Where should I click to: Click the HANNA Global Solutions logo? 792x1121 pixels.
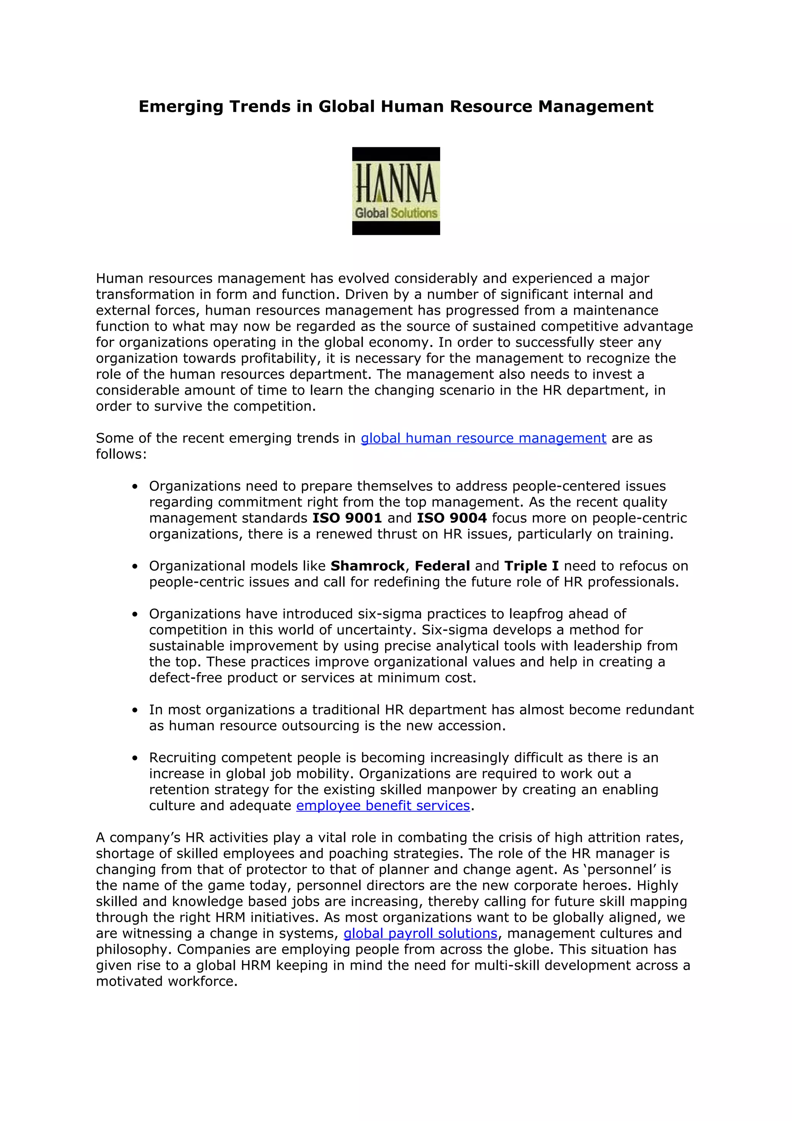pyautogui.click(x=396, y=191)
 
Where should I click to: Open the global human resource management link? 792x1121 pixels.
pyautogui.click(x=483, y=438)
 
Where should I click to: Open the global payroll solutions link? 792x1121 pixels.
pyautogui.click(x=420, y=933)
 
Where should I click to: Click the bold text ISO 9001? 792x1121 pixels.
pyautogui.click(x=347, y=518)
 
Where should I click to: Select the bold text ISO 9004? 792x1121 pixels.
pyautogui.click(x=451, y=518)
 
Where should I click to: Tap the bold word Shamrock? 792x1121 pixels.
pyautogui.click(x=367, y=566)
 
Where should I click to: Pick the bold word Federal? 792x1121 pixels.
pyautogui.click(x=442, y=566)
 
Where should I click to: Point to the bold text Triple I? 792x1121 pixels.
pyautogui.click(x=531, y=566)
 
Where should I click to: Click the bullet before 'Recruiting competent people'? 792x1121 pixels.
pyautogui.click(x=135, y=758)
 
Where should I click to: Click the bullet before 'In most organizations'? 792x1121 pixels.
pyautogui.click(x=135, y=710)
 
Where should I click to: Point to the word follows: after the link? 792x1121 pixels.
pyautogui.click(x=121, y=455)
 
